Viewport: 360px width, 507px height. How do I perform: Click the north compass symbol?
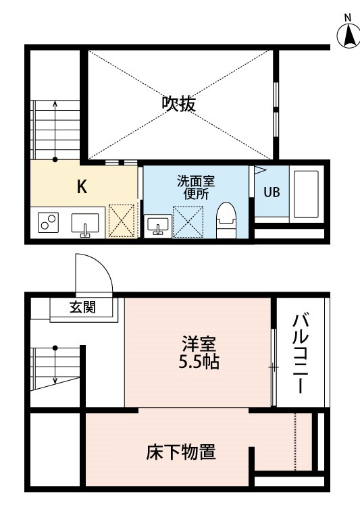pyautogui.click(x=348, y=34)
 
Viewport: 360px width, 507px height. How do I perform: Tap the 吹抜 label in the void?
pyautogui.click(x=179, y=104)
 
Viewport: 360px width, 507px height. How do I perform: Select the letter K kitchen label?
pyautogui.click(x=82, y=186)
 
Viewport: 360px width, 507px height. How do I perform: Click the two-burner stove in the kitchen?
pyautogui.click(x=48, y=223)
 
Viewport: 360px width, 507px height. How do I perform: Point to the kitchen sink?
pyautogui.click(x=85, y=225)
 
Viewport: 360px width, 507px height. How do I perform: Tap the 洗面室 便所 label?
pyautogui.click(x=196, y=188)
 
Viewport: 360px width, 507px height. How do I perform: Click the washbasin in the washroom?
pyautogui.click(x=158, y=225)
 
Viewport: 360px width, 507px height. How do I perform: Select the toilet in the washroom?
pyautogui.click(x=226, y=220)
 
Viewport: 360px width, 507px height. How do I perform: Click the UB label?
pyautogui.click(x=272, y=192)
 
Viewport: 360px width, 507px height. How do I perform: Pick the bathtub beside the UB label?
pyautogui.click(x=306, y=194)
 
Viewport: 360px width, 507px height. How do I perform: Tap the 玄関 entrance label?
pyautogui.click(x=83, y=307)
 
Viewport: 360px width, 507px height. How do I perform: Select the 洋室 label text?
pyautogui.click(x=199, y=344)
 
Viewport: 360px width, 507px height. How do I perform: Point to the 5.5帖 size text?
pyautogui.click(x=199, y=362)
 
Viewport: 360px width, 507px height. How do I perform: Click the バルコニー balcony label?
pyautogui.click(x=301, y=352)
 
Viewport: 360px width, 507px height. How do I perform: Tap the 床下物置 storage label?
pyautogui.click(x=181, y=452)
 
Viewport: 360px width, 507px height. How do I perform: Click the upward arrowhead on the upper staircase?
pyautogui.click(x=55, y=103)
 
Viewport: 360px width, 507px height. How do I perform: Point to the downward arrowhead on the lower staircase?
pyautogui.click(x=55, y=380)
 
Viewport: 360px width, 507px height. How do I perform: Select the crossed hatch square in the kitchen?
pyautogui.click(x=122, y=221)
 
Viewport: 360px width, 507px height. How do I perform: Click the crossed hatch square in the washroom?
pyautogui.click(x=188, y=222)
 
